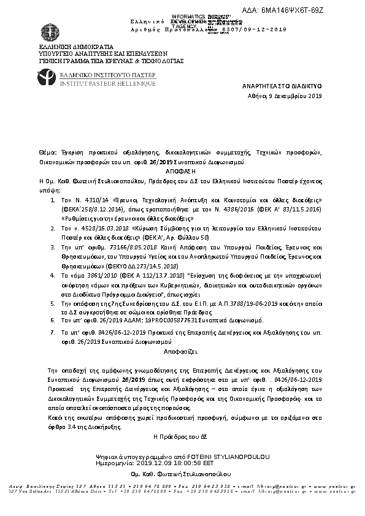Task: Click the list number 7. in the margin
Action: coord(50,331)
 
